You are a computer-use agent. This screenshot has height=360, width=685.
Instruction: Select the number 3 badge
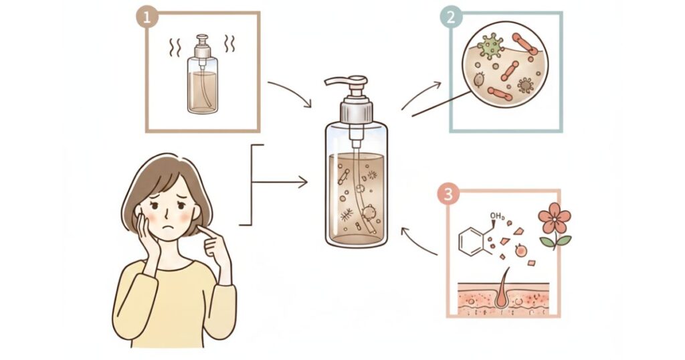(448, 194)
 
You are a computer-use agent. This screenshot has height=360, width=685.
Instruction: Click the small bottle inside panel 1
(202, 74)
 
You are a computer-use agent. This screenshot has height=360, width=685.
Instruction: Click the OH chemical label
(497, 216)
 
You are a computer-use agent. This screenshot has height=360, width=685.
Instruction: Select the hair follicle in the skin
(503, 289)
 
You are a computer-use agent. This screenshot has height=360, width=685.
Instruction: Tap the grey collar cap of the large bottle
(356, 111)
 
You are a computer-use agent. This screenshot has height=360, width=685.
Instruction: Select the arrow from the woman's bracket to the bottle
(280, 182)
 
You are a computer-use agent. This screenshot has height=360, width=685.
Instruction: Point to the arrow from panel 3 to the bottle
(417, 242)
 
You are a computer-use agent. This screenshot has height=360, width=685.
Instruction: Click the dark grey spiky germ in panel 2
(525, 85)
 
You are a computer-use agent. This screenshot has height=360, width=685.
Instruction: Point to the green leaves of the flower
(555, 241)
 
